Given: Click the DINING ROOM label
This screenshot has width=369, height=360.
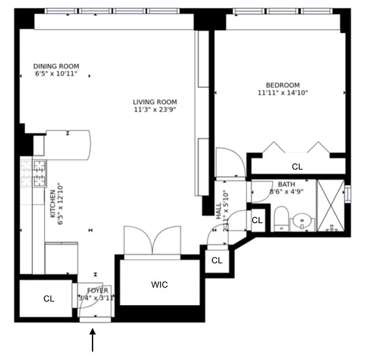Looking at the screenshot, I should (56, 66).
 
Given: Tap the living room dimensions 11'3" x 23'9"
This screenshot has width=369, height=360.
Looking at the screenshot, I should (155, 109).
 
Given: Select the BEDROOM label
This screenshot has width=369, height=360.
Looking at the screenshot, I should (282, 85).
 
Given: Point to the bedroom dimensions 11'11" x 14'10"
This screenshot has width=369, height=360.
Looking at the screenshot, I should (282, 93).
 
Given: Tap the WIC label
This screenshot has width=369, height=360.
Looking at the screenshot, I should (159, 285).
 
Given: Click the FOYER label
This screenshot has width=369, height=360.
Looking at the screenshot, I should (97, 291).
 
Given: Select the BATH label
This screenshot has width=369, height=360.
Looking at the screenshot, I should (286, 184).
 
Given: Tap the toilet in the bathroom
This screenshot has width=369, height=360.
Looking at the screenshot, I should (282, 219).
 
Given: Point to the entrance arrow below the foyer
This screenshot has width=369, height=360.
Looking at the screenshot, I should (93, 340).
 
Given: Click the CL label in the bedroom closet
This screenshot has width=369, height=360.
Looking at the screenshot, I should (297, 167).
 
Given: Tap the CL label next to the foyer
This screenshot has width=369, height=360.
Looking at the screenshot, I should (49, 299).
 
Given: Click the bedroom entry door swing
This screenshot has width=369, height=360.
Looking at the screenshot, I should (230, 162).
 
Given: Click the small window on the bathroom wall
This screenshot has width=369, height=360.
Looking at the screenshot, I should (347, 193).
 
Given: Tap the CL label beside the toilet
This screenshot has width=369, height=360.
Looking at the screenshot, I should (257, 220).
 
